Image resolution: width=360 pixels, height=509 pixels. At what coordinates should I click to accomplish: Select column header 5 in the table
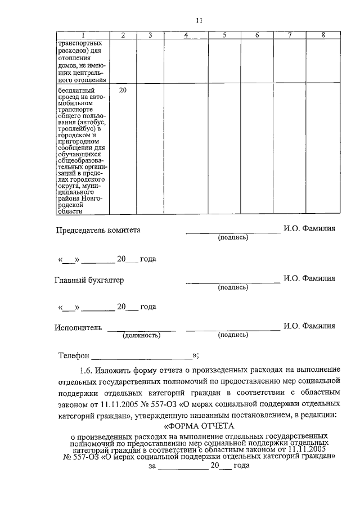point(224,35)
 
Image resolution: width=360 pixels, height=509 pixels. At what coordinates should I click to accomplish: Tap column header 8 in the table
point(323,35)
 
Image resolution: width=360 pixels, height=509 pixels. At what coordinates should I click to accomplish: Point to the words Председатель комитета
point(98,230)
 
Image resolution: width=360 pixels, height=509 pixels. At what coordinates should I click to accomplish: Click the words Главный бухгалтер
point(89,280)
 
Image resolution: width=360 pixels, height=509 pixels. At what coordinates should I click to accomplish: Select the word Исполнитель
point(78,327)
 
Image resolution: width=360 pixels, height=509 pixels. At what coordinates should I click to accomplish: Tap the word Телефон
point(74,355)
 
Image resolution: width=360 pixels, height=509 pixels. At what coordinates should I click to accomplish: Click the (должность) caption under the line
point(141,335)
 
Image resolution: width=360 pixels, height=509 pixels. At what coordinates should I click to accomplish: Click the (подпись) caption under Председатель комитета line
point(233,238)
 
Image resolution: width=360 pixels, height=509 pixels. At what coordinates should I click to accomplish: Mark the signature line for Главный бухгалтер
point(233,281)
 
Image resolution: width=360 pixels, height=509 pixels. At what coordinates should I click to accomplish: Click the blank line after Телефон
point(141,358)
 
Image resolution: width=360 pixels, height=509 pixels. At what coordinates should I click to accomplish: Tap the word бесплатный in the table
point(76,90)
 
